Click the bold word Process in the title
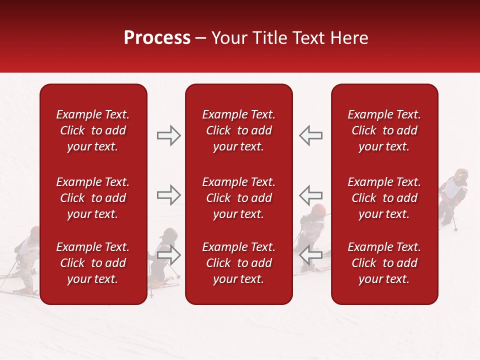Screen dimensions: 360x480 click(x=157, y=38)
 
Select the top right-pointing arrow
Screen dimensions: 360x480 click(x=168, y=135)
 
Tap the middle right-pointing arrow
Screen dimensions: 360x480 click(x=168, y=194)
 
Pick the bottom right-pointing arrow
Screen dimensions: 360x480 click(x=168, y=254)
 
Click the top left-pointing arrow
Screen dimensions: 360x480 click(x=311, y=135)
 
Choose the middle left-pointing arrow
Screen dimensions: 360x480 click(x=311, y=194)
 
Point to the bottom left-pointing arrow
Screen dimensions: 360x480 click(x=311, y=254)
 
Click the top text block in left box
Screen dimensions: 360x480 click(x=93, y=130)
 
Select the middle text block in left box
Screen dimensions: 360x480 click(x=93, y=198)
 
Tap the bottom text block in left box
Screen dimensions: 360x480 click(x=93, y=263)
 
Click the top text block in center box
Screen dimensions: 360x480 click(x=238, y=130)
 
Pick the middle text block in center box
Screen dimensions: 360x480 click(x=238, y=198)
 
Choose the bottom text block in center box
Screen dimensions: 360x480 click(x=238, y=263)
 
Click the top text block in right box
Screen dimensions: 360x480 click(x=384, y=130)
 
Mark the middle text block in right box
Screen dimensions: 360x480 click(x=384, y=198)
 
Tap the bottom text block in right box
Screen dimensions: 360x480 click(x=384, y=263)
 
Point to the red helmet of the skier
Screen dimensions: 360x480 click(x=318, y=209)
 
